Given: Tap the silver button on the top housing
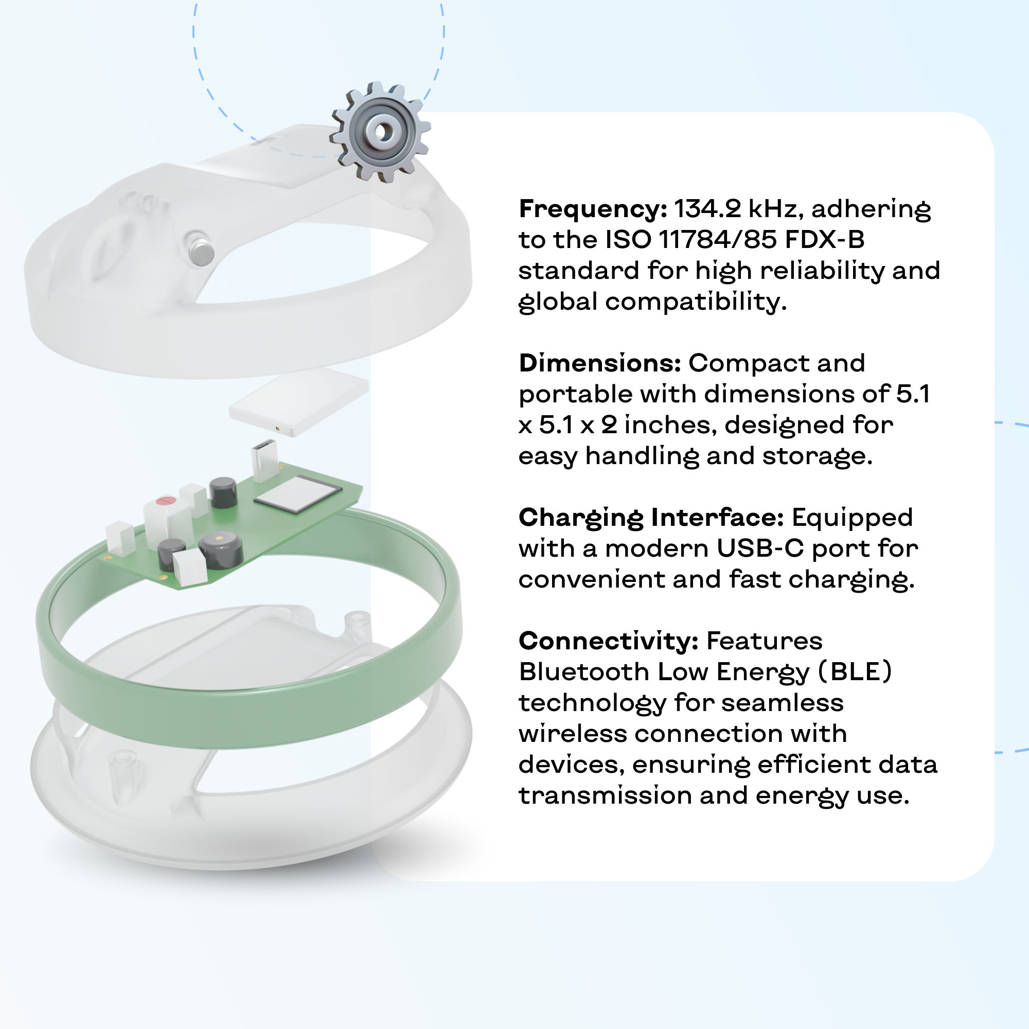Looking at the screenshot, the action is (x=201, y=249).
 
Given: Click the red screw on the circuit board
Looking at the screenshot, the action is (x=165, y=501).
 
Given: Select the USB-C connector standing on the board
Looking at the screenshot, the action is (x=264, y=459).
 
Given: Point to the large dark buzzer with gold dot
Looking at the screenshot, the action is (x=221, y=549).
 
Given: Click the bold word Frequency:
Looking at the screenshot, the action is (x=593, y=209).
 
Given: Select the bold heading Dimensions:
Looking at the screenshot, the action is (x=600, y=363).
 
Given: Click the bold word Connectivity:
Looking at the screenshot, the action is (x=608, y=641).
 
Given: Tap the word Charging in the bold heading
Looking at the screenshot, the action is (x=581, y=519).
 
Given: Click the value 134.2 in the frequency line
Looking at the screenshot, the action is (x=708, y=209).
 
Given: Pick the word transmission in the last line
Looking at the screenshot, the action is (x=605, y=796).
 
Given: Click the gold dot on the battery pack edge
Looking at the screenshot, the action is (x=277, y=428).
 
